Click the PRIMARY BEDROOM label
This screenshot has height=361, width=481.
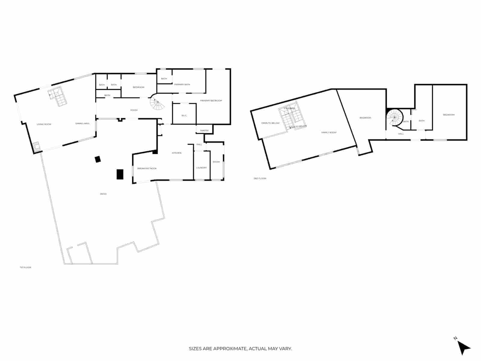[211, 100]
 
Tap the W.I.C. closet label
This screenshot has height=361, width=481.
[184, 116]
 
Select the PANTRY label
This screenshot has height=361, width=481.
[204, 131]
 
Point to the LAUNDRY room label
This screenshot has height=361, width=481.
[201, 168]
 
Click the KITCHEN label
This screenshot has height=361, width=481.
[176, 153]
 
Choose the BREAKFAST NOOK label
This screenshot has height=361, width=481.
[147, 168]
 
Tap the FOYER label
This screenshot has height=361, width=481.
[134, 110]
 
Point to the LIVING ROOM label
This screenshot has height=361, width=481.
[44, 124]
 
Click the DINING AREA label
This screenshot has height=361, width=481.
[82, 124]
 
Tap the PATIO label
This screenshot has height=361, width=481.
[103, 194]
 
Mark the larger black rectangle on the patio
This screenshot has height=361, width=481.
[120, 174]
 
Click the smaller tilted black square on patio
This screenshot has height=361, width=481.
[98, 159]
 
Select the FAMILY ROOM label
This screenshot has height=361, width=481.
[329, 132]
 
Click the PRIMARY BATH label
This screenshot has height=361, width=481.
[182, 85]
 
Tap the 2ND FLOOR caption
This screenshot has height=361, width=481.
[260, 179]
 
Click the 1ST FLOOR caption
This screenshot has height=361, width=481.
[26, 267]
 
